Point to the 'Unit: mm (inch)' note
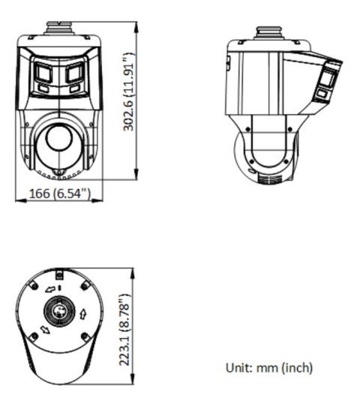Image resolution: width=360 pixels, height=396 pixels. pyautogui.click(x=269, y=367)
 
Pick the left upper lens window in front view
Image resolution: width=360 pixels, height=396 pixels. pyautogui.click(x=43, y=73)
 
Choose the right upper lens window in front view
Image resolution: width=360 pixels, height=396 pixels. pyautogui.click(x=75, y=73)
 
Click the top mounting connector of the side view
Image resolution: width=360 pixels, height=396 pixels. pyautogui.click(x=265, y=31)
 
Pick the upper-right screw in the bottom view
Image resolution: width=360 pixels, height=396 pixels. pyautogui.click(x=86, y=286)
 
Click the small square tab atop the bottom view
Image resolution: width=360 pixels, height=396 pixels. pyautogui.click(x=59, y=274)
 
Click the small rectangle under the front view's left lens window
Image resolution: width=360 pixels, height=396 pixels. pyautogui.click(x=43, y=89)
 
